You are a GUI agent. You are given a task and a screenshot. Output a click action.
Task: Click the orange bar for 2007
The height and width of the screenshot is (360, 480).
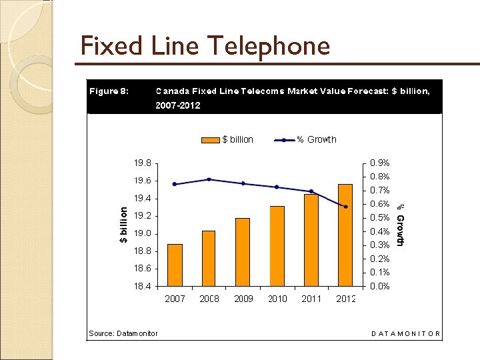(175, 265)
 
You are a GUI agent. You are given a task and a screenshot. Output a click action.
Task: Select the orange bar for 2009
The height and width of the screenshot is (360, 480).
(243, 252)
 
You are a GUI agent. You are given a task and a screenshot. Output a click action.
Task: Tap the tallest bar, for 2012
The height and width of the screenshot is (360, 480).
(345, 235)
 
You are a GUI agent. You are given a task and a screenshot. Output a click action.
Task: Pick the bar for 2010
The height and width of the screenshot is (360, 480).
(277, 246)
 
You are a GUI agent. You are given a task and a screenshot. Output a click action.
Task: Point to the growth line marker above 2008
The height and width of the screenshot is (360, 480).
(209, 179)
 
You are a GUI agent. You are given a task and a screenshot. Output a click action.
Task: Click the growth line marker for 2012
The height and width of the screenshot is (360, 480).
(345, 207)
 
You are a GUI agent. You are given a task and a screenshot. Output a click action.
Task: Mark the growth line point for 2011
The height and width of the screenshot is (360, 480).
(311, 191)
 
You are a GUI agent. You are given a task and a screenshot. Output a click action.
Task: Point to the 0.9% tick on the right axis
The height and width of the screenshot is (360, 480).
(380, 163)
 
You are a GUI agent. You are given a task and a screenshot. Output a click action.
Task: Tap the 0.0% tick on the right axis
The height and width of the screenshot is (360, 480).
(380, 286)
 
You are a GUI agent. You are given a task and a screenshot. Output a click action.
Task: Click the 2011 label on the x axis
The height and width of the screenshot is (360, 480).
(311, 299)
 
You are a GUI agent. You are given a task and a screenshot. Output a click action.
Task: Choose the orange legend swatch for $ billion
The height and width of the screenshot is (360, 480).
(211, 140)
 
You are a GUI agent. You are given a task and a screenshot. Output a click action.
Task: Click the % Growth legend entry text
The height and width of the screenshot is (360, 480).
(317, 140)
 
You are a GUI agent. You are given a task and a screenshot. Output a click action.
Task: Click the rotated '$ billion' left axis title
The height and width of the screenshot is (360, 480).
(123, 224)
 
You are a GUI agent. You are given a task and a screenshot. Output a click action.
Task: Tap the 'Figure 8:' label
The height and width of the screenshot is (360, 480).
(109, 91)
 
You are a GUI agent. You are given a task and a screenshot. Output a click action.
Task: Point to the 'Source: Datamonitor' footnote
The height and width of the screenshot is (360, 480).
(123, 333)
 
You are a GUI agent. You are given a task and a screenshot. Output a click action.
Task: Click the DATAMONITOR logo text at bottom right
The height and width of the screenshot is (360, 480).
(405, 333)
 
